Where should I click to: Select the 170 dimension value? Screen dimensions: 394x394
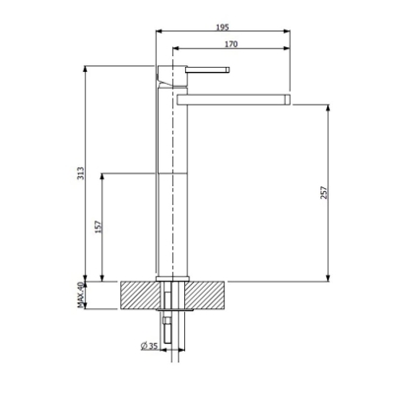230,44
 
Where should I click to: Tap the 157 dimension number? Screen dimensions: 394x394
97,227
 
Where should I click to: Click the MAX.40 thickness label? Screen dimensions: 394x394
81,294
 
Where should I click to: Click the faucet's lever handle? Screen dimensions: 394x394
207,70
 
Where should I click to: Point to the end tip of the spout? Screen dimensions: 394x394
289,98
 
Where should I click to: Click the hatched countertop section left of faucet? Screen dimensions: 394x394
138,294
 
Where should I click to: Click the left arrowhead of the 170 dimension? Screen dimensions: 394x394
175,49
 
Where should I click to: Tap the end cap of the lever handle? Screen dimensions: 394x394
228,70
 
